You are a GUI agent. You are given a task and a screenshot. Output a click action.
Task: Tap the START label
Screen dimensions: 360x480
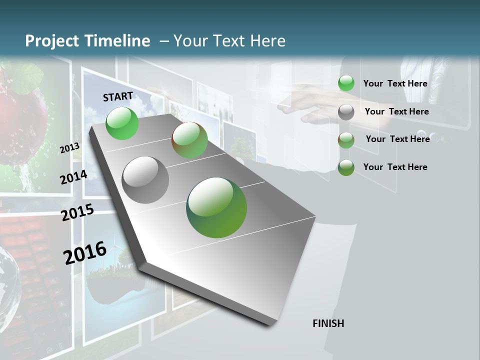(x=118, y=96)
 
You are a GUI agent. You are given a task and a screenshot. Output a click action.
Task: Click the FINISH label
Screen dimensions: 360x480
(x=328, y=323)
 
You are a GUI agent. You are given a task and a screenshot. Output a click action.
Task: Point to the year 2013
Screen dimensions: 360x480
(x=70, y=147)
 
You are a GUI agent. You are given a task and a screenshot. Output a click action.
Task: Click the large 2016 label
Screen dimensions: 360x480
(x=85, y=252)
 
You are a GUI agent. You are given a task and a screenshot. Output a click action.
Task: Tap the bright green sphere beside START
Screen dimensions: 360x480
(x=122, y=123)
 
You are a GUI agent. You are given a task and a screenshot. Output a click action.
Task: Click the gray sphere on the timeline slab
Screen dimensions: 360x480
(x=145, y=179)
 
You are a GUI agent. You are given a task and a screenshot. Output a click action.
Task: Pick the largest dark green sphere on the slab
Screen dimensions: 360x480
(x=216, y=207)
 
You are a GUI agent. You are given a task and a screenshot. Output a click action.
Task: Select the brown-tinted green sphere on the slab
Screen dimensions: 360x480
(x=189, y=140)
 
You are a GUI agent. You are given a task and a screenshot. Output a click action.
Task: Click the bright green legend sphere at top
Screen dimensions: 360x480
(x=346, y=83)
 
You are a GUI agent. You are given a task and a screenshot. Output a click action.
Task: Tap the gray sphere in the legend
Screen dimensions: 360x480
(x=346, y=112)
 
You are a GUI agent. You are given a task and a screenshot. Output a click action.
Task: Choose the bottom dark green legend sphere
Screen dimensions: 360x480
(x=346, y=167)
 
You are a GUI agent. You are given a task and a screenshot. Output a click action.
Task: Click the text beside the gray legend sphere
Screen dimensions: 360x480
(x=396, y=111)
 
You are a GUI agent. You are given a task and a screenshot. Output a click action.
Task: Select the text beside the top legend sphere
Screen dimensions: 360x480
(x=395, y=83)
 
